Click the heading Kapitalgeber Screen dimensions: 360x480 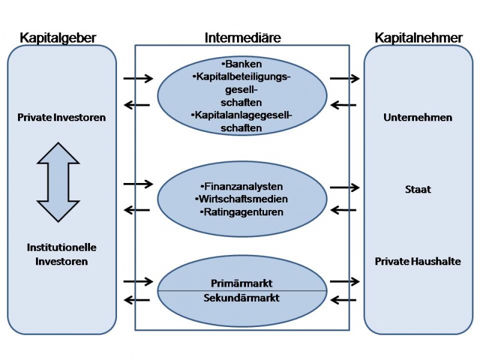click(x=58, y=38)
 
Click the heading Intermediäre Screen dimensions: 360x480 click(x=242, y=38)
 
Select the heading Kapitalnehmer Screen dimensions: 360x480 click(x=419, y=38)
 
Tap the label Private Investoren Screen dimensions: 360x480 click(x=61, y=118)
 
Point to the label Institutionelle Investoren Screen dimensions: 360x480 click(x=61, y=254)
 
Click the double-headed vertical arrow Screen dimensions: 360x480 click(x=58, y=182)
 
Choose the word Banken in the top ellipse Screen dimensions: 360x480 click(x=242, y=63)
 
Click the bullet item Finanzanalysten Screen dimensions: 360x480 click(x=242, y=187)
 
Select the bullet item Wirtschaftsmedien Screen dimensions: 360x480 click(x=242, y=199)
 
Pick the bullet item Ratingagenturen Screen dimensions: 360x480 click(x=242, y=212)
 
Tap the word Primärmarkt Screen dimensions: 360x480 click(x=242, y=283)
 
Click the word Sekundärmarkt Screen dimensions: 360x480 click(x=242, y=298)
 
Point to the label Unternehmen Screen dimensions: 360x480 click(x=418, y=118)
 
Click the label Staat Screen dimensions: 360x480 click(x=418, y=190)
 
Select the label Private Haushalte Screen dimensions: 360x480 click(x=418, y=262)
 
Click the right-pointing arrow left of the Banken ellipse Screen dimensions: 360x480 click(x=138, y=78)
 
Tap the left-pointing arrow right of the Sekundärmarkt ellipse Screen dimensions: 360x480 click(x=343, y=300)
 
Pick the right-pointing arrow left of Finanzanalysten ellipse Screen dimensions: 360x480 click(x=138, y=184)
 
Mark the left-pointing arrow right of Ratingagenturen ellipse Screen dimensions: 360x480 click(x=343, y=210)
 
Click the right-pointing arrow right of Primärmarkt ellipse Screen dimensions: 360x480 click(x=344, y=281)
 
